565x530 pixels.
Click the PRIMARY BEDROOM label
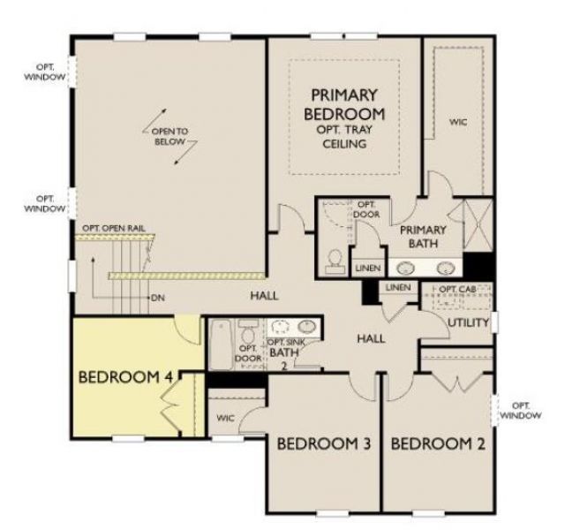(344, 105)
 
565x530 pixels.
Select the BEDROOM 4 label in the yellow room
(124, 376)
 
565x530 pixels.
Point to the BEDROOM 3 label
(323, 443)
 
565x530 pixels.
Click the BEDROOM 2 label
(438, 443)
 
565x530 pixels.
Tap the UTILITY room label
(467, 323)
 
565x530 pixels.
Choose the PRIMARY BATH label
(423, 238)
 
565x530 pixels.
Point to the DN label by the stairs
(158, 298)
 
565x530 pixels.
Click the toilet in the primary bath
(335, 257)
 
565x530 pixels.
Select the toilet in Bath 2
(249, 334)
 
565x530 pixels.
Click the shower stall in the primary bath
(477, 227)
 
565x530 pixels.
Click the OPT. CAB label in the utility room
(459, 290)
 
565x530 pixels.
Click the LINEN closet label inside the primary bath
(367, 268)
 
